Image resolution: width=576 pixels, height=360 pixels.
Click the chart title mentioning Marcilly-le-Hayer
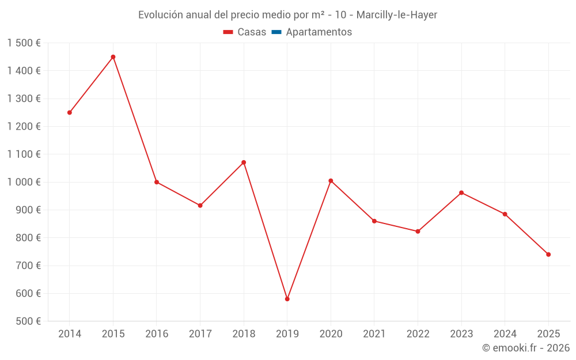tap(287, 15)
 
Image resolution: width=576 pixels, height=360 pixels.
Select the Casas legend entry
tap(245, 32)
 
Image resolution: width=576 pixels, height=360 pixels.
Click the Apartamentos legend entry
tap(312, 32)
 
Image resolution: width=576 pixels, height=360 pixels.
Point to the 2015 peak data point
tap(113, 57)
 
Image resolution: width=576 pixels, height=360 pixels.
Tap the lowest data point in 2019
tap(287, 299)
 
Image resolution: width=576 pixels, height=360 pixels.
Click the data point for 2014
tap(70, 112)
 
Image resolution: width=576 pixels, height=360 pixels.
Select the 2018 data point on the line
tap(244, 162)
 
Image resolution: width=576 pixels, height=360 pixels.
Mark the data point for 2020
tap(331, 181)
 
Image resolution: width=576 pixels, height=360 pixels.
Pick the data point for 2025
tap(548, 255)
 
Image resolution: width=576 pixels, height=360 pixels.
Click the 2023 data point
tap(461, 192)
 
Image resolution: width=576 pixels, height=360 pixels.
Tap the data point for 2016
tap(157, 182)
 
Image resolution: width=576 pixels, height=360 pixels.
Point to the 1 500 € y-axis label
tap(24, 43)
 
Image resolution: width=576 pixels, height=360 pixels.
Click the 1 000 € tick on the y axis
tap(24, 182)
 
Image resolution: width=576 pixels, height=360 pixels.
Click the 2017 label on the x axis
tap(200, 334)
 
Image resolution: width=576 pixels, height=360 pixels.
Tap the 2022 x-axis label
tap(418, 334)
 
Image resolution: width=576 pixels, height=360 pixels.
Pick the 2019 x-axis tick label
tap(287, 334)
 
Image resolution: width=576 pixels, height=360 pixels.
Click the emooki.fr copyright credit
tap(525, 348)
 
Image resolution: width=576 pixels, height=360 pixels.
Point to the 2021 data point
tap(374, 221)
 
